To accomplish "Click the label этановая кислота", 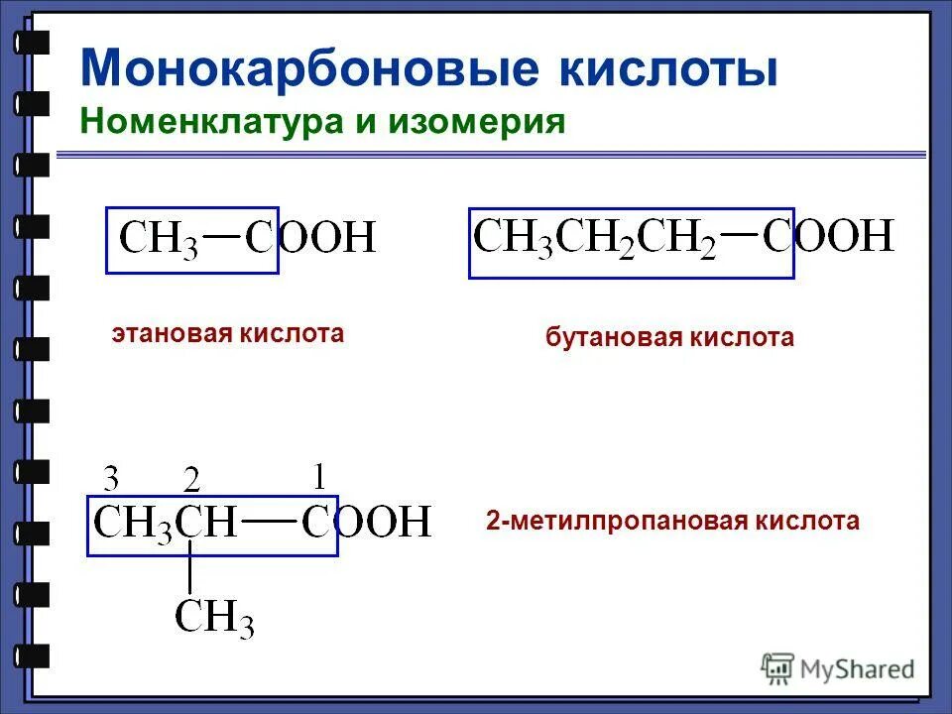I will tap(227, 333).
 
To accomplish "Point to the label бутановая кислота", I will tap(669, 338).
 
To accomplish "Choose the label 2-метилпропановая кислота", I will tap(672, 521).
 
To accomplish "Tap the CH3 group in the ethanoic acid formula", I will tap(159, 239).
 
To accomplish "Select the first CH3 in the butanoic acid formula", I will tap(514, 238).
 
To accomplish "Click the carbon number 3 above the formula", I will tap(112, 480).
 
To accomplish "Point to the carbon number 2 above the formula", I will tap(192, 481).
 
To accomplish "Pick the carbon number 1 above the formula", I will tap(318, 477).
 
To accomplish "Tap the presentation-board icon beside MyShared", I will tap(778, 668).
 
